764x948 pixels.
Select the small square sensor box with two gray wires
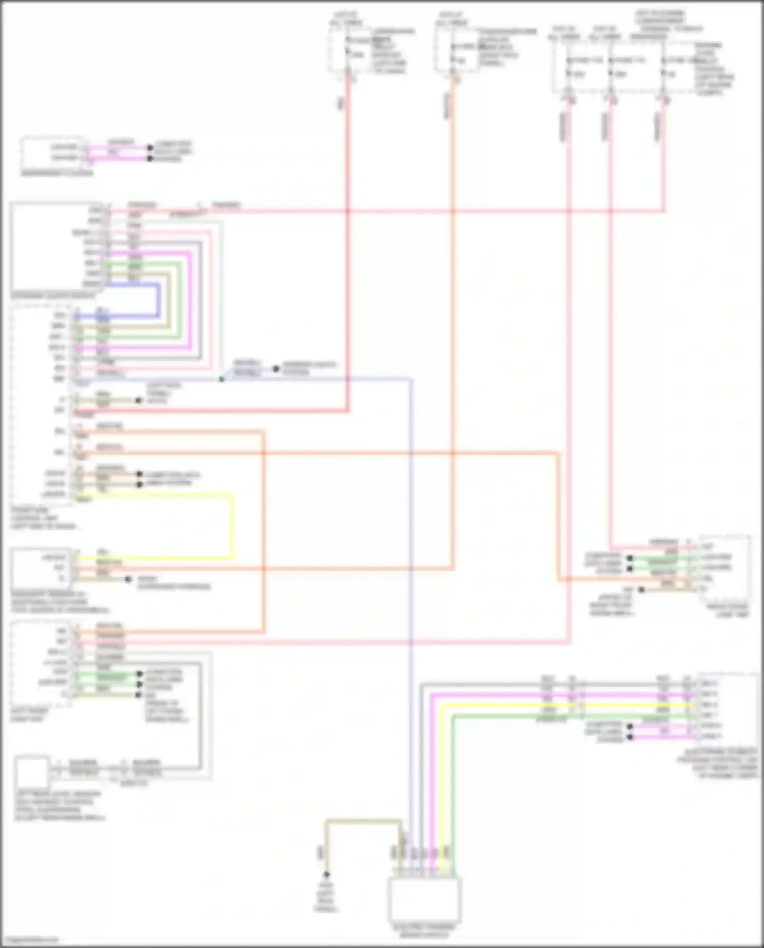coord(33,773)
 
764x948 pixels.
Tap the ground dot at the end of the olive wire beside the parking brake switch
coord(326,874)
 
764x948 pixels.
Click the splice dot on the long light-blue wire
coord(221,379)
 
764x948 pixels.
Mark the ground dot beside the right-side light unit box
coord(642,589)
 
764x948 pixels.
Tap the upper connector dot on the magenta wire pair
coord(150,148)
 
